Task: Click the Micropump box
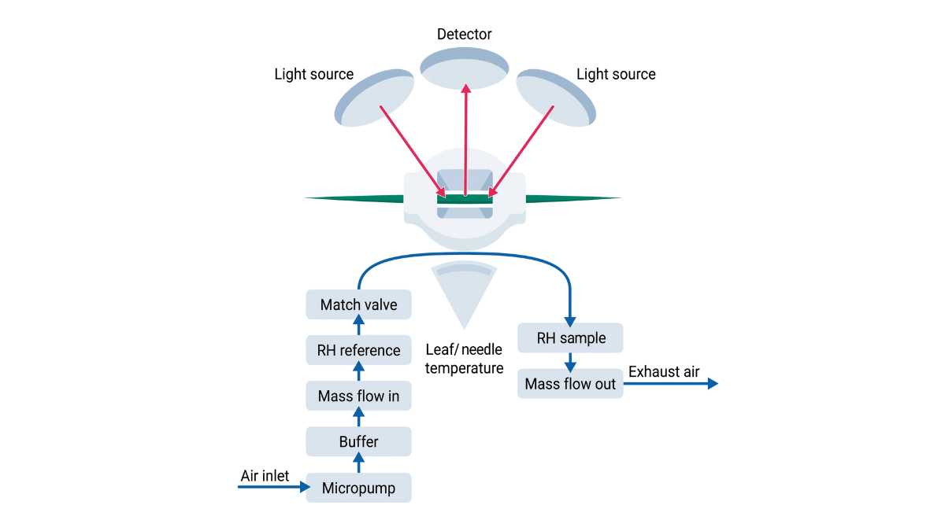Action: [x=358, y=488]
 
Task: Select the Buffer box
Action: [x=358, y=442]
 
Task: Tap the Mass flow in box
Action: [x=358, y=396]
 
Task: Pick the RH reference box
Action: [x=358, y=350]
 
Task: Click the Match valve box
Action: [x=358, y=304]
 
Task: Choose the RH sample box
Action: [x=571, y=338]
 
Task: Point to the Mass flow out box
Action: [x=571, y=385]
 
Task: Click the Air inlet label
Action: [x=265, y=476]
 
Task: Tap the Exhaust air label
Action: [x=664, y=372]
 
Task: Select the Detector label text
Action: [x=465, y=34]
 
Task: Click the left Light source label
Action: [x=313, y=75]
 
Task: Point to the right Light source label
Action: [x=616, y=75]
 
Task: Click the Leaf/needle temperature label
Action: [x=465, y=359]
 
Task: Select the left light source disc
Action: [x=374, y=98]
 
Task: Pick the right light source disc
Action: [x=556, y=98]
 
